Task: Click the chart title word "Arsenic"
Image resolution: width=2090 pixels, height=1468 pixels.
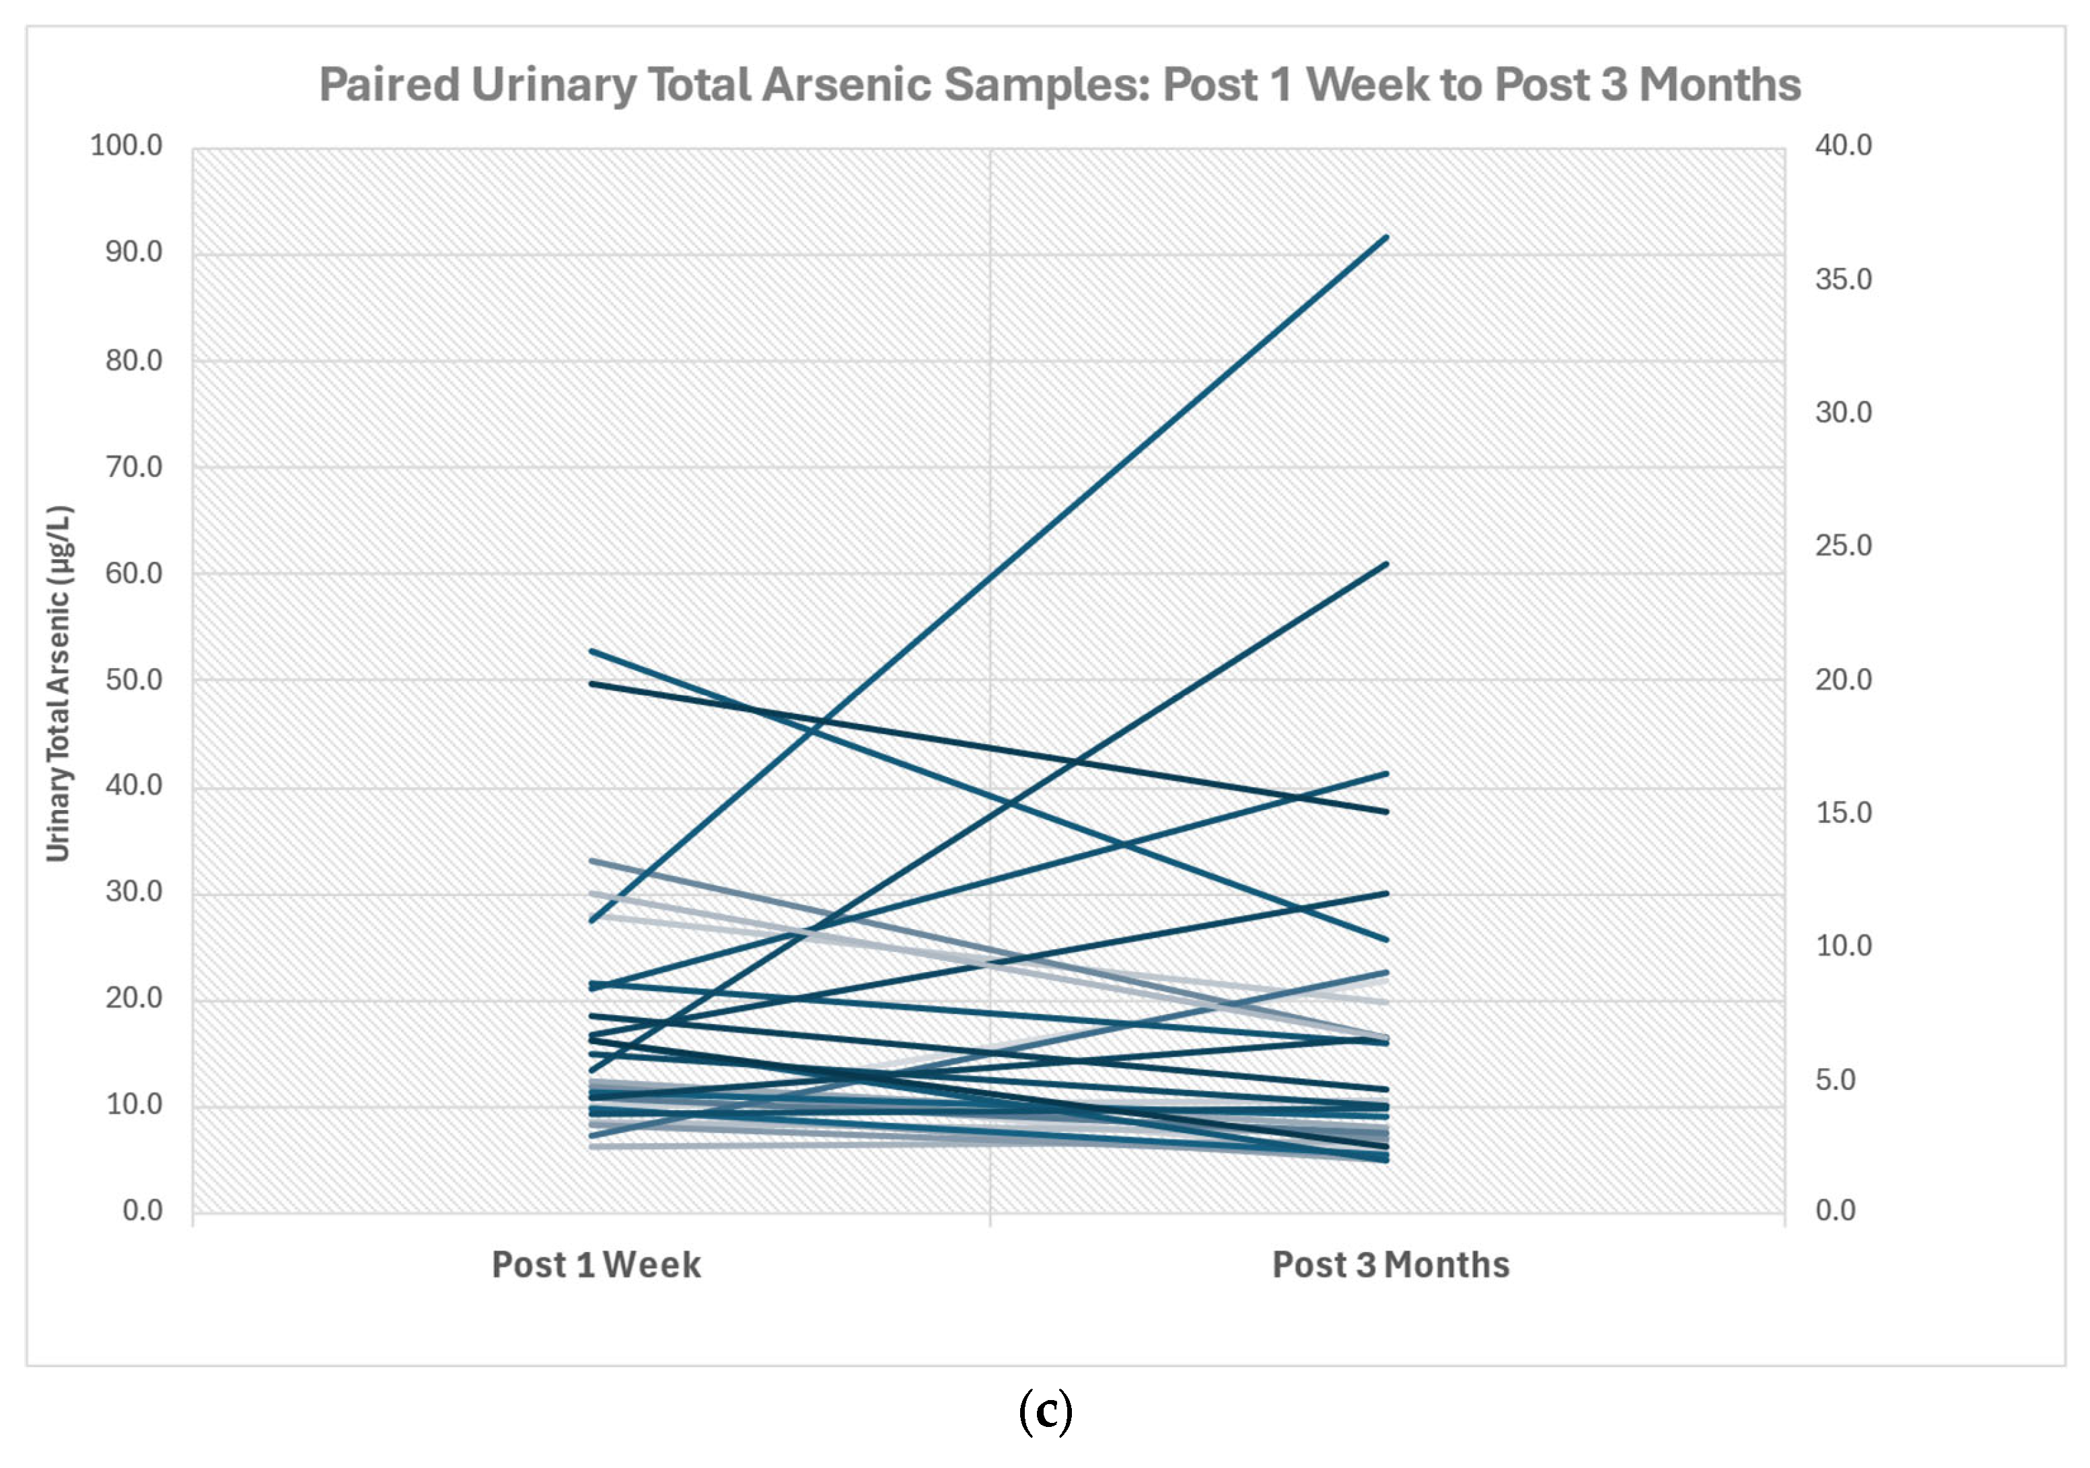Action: (846, 85)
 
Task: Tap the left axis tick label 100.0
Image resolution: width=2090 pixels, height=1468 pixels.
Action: (127, 145)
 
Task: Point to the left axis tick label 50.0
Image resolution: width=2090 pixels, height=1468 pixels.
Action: (134, 680)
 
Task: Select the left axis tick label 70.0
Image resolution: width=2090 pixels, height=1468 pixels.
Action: (134, 467)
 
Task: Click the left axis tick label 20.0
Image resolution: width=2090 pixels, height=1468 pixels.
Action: (134, 998)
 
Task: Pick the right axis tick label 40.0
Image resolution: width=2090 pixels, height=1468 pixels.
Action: (1843, 145)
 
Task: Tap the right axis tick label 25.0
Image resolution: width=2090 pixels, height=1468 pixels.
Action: (1843, 546)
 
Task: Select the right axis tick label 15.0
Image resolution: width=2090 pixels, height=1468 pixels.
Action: (1843, 813)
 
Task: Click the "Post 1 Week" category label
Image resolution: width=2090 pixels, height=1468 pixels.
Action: (596, 1265)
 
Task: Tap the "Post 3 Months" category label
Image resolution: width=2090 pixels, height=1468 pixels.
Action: (1390, 1265)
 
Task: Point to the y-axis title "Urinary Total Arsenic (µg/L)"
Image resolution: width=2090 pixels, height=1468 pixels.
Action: (59, 683)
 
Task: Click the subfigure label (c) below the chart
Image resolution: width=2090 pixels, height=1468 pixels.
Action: (1045, 1411)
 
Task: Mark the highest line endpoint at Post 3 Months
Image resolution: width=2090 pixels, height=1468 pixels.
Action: (1385, 237)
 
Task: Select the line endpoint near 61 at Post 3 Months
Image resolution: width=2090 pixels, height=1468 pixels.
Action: (1385, 564)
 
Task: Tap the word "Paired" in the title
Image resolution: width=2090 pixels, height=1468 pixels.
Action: (389, 85)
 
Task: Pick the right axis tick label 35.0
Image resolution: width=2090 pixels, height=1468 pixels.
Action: (1843, 279)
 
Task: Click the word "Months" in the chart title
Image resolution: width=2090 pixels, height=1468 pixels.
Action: (1719, 85)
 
